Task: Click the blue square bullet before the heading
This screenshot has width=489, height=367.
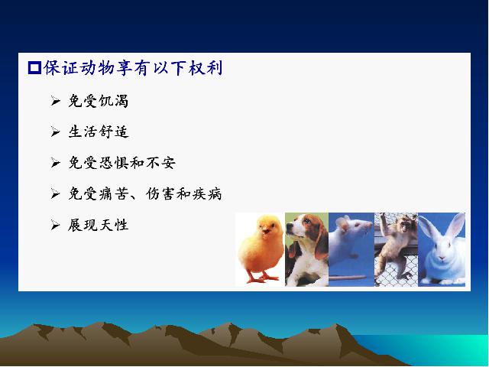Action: [34, 68]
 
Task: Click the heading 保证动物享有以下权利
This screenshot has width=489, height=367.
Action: [133, 68]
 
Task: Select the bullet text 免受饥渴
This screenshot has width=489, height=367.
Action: [99, 101]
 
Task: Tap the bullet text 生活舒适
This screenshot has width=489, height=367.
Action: [99, 132]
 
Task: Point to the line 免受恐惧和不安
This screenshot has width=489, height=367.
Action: [122, 163]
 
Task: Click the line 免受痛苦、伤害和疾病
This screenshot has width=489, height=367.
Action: [145, 193]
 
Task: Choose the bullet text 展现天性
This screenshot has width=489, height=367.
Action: [99, 225]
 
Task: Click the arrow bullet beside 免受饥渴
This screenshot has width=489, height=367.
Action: [55, 101]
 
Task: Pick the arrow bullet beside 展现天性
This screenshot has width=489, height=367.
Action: [55, 225]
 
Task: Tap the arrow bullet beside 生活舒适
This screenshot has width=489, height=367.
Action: [55, 132]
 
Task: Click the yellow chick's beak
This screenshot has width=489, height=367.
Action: [265, 231]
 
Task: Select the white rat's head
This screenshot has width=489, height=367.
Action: [352, 228]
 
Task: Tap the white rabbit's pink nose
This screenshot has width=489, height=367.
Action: [442, 258]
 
